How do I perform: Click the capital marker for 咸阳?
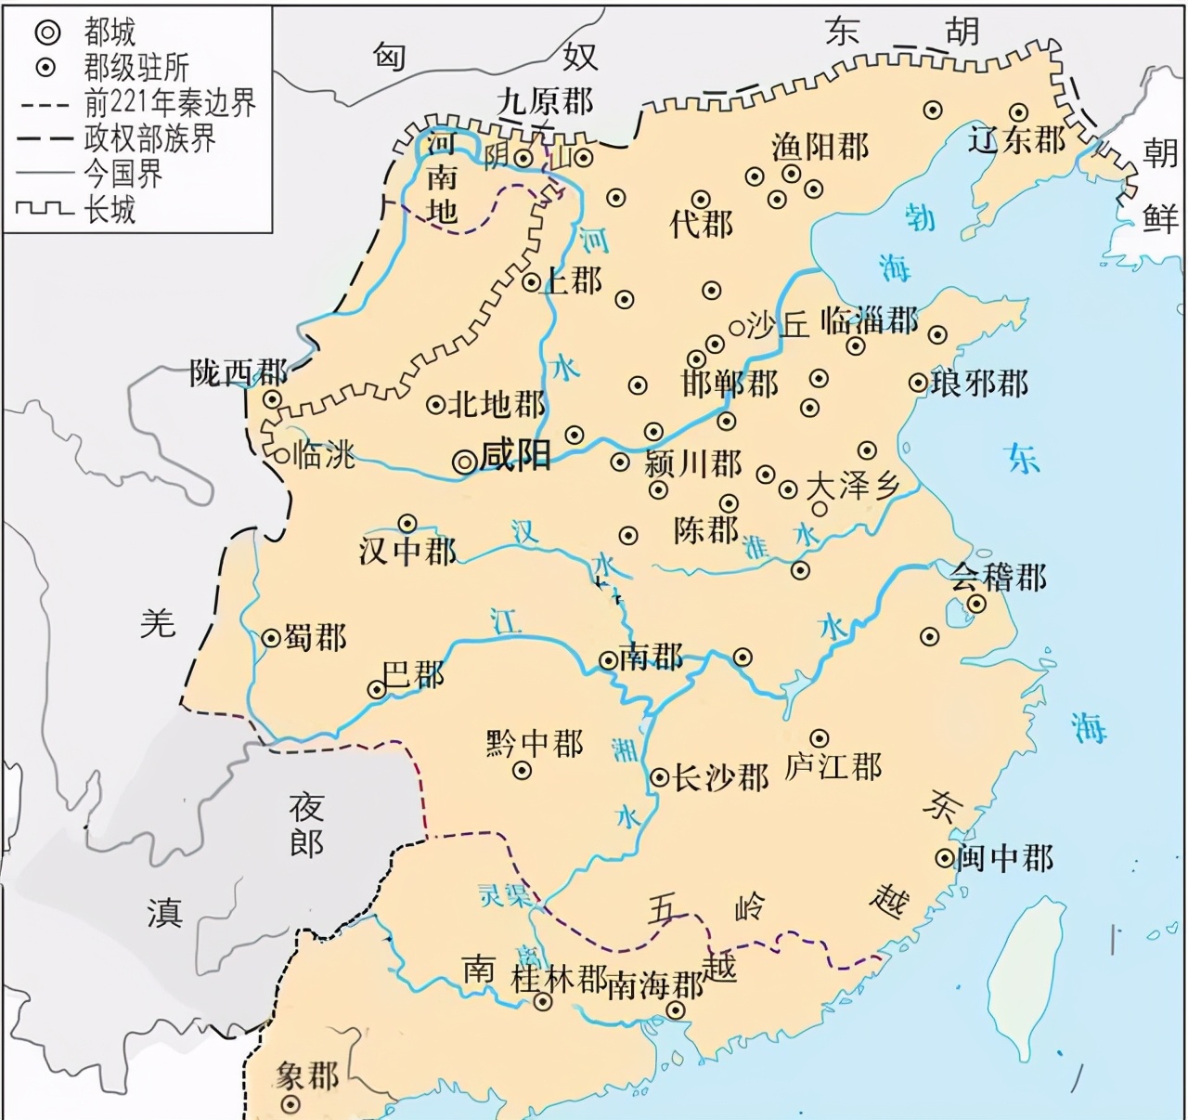[x=464, y=460]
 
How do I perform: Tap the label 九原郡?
[x=545, y=101]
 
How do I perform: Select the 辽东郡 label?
[x=1016, y=140]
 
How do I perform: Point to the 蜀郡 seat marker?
[x=271, y=638]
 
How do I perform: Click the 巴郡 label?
[x=414, y=674]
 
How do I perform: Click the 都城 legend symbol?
[x=47, y=33]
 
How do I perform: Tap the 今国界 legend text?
[x=123, y=174]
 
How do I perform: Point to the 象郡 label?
[x=307, y=1076]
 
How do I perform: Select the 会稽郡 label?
[x=998, y=578]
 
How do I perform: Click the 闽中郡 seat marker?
[x=945, y=858]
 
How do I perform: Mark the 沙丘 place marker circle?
[x=737, y=327]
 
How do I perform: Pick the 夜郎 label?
[x=306, y=825]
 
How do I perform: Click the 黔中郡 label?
[x=535, y=744]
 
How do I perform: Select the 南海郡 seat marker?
[x=677, y=1010]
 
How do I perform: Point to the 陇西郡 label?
[x=238, y=373]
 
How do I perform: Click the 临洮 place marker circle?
[x=281, y=456]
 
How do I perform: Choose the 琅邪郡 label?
[x=979, y=383]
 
